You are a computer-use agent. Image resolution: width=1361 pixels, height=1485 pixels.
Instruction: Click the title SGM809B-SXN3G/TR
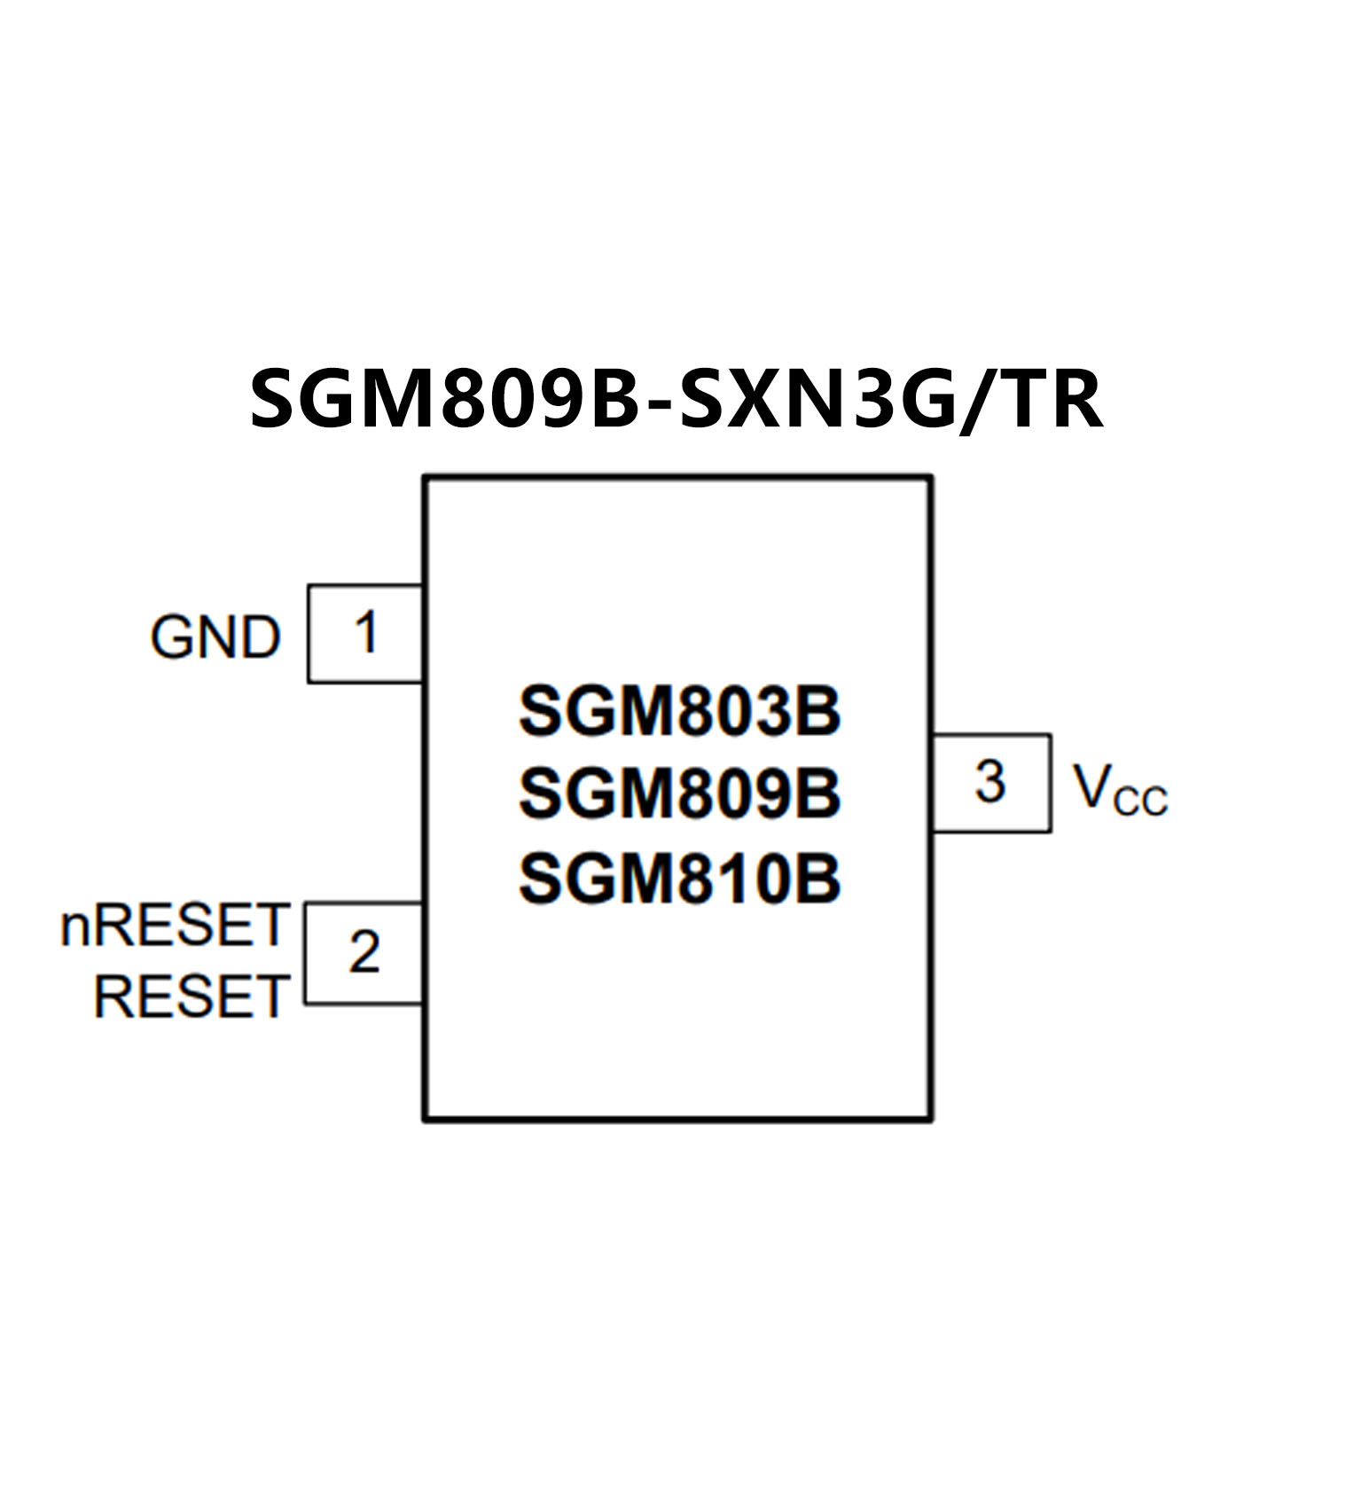(676, 400)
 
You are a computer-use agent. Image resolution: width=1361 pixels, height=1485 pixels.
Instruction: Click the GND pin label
(215, 637)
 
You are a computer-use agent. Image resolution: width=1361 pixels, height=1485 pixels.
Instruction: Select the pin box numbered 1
(365, 634)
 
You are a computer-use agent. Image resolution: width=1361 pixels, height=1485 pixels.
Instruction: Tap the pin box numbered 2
(364, 953)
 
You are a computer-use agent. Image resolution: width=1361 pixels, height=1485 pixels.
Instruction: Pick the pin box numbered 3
(991, 783)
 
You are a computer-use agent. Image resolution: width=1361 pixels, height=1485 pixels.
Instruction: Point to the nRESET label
(175, 926)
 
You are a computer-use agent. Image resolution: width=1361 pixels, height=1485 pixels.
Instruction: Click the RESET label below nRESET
(192, 997)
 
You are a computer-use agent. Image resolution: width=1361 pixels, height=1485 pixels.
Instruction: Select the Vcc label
(1119, 788)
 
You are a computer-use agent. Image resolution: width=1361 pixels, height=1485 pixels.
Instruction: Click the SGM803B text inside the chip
(679, 712)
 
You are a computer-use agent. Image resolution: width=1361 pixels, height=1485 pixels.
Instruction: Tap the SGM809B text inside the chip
(679, 793)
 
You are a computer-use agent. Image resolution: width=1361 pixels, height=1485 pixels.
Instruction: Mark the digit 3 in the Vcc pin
(989, 782)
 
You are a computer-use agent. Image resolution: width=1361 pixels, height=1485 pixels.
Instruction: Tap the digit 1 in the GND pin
(366, 632)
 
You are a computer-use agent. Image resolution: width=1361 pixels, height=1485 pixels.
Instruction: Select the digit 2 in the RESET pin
(364, 952)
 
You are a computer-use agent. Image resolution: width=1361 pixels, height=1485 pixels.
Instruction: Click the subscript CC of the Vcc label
(1140, 801)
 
